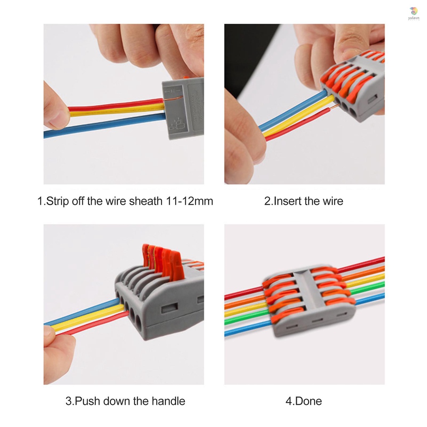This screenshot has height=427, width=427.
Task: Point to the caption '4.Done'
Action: point(304,401)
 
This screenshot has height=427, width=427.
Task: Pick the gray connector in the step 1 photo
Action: point(183,108)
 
